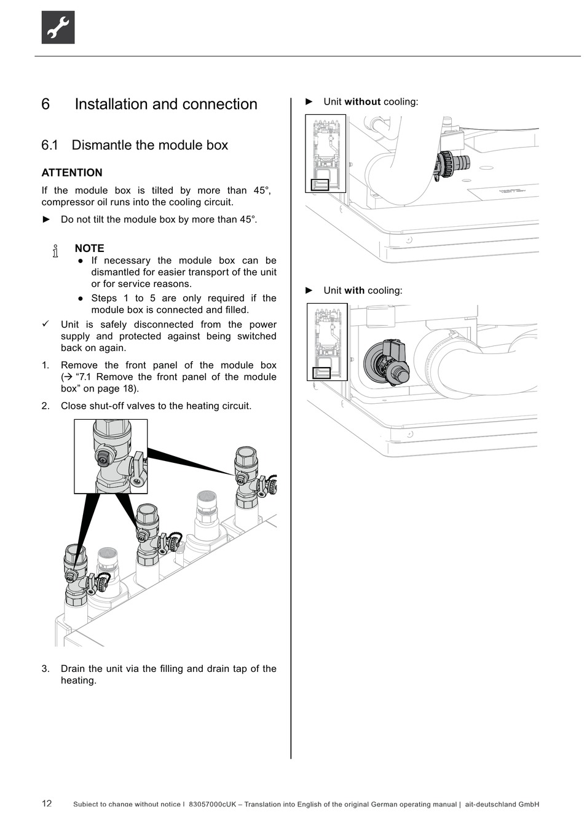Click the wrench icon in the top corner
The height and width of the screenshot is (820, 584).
[x=58, y=28]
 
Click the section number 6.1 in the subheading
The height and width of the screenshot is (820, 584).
[x=50, y=146]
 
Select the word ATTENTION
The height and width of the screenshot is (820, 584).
[x=72, y=173]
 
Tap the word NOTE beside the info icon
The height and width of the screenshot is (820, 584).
[x=90, y=248]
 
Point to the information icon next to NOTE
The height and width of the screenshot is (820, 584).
[x=56, y=251]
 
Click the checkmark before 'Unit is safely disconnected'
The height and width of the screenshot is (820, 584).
[x=45, y=324]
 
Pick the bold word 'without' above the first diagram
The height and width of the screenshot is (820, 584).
[x=363, y=102]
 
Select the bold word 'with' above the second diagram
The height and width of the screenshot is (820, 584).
[x=354, y=291]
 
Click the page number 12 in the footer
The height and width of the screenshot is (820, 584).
[x=47, y=803]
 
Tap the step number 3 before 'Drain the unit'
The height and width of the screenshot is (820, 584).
[x=45, y=669]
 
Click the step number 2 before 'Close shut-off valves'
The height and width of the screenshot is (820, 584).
[x=45, y=406]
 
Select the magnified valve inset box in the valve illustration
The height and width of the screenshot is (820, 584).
[x=111, y=456]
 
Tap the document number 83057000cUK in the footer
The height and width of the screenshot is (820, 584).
[x=212, y=804]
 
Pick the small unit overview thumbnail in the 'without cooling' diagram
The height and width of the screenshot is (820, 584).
[x=325, y=154]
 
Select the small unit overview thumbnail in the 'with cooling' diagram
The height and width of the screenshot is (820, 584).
[x=327, y=342]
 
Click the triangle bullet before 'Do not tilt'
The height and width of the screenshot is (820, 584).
[x=46, y=219]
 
